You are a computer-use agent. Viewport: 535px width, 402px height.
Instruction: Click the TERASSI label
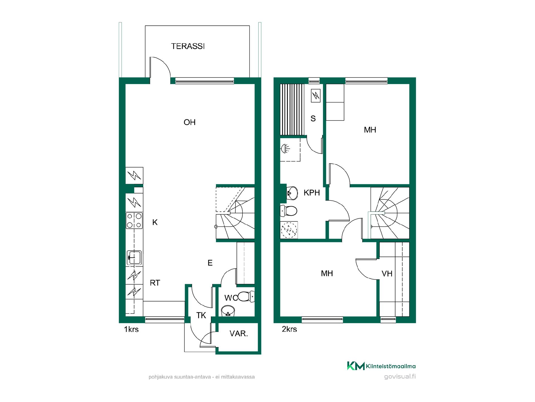point(188,46)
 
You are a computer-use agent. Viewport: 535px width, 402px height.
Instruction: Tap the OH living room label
point(189,122)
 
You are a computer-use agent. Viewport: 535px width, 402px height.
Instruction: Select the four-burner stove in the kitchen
point(134,221)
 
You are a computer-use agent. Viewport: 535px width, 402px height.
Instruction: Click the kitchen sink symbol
point(134,257)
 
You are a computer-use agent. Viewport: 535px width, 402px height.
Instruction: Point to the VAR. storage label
point(239,333)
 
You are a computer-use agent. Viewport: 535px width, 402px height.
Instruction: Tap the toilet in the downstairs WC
point(246,296)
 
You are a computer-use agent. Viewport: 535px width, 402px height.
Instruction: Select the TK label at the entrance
point(201,315)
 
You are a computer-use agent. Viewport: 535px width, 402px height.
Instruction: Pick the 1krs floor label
point(131,329)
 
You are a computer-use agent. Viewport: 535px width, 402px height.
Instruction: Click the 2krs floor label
point(289,329)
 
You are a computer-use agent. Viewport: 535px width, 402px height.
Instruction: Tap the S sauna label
point(313,119)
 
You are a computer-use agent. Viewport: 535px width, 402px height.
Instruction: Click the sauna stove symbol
point(316,96)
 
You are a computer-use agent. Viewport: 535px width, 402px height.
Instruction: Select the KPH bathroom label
point(312,193)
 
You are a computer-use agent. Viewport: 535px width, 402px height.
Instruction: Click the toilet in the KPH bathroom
point(289,211)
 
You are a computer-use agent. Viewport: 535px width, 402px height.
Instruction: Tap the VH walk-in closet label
point(387,274)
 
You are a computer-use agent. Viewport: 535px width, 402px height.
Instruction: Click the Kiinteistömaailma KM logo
point(356,366)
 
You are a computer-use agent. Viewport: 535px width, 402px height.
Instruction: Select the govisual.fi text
point(400,377)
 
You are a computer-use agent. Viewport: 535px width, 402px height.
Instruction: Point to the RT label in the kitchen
point(155,283)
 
